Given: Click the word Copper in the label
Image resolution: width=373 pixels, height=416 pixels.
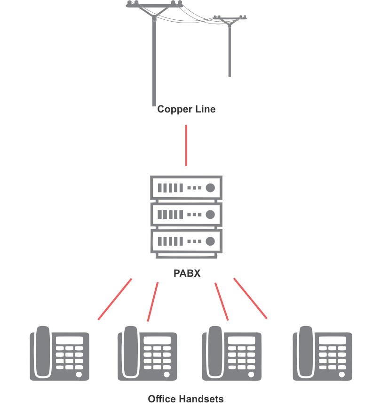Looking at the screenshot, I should (x=173, y=109).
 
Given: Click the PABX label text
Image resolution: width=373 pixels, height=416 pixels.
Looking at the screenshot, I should (x=187, y=273).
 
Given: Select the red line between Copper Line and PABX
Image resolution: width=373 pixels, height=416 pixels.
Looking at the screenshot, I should (x=186, y=145).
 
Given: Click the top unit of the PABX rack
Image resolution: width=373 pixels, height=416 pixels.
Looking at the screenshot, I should (x=186, y=188).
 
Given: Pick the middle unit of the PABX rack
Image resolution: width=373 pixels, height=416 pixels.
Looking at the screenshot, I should (x=186, y=215).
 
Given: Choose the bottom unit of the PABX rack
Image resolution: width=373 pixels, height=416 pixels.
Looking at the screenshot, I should (x=186, y=241).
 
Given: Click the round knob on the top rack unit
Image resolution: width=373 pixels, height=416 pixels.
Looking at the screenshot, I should (x=210, y=188).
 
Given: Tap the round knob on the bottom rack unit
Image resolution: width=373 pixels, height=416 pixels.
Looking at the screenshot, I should (x=210, y=241).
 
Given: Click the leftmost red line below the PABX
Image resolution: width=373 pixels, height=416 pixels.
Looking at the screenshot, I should (x=115, y=299).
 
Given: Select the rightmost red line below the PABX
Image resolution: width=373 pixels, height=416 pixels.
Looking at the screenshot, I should (x=250, y=298).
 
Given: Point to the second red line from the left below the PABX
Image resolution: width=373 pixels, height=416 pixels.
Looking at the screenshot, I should (x=153, y=302).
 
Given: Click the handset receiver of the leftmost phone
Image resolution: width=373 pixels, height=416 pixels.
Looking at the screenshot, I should (x=42, y=352).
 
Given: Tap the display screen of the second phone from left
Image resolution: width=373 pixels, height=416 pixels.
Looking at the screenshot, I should (x=157, y=340).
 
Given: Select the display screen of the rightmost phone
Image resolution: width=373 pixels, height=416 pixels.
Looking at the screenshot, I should (x=332, y=340).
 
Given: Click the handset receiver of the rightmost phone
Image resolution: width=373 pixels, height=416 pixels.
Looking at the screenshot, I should (x=305, y=352).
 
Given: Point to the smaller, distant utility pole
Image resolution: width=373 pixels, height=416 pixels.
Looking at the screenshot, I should (x=230, y=47).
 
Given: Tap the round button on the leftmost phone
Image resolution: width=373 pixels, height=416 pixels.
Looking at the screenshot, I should (x=79, y=375).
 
